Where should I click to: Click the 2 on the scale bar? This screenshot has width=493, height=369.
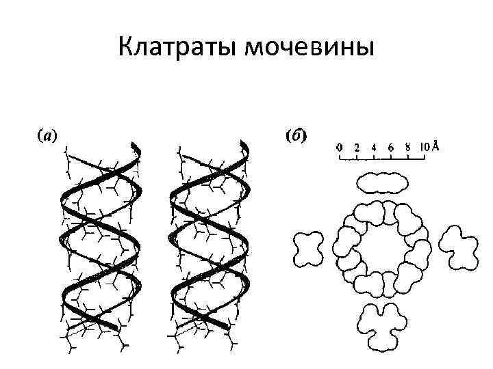pyautogui.click(x=357, y=146)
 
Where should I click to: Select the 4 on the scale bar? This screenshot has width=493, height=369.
pyautogui.click(x=374, y=146)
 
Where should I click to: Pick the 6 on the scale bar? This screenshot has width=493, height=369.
pyautogui.click(x=390, y=146)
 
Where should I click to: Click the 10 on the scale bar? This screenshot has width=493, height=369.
pyautogui.click(x=424, y=146)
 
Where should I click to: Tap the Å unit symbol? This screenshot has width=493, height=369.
pyautogui.click(x=435, y=146)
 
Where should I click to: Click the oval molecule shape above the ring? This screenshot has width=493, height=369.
pyautogui.click(x=381, y=182)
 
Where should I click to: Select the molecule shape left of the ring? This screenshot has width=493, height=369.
pyautogui.click(x=308, y=249)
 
